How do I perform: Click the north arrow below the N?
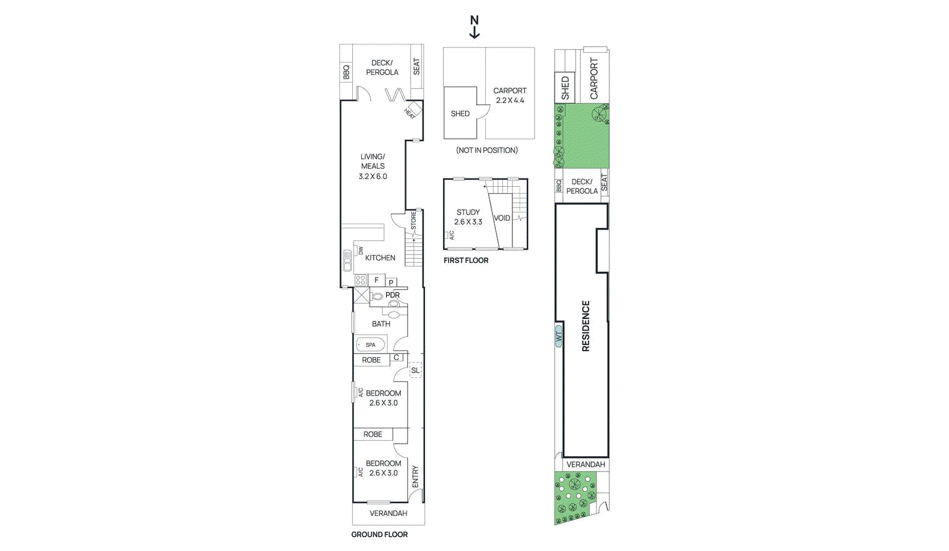click(474, 33)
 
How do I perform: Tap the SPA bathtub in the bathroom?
click(371, 345)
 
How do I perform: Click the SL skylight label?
click(415, 370)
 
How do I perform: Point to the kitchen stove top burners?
click(361, 280)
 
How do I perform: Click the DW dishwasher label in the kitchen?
click(361, 251)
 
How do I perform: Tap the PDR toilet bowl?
click(377, 296)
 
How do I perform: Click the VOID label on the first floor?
click(502, 218)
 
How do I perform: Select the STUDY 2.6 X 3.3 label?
click(468, 217)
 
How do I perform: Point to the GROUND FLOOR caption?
click(380, 534)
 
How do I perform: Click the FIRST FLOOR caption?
click(466, 260)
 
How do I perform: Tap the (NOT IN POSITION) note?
click(487, 150)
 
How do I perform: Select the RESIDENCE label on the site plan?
click(586, 326)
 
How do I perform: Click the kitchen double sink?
click(348, 261)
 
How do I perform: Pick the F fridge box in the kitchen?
click(377, 280)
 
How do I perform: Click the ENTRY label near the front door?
click(415, 477)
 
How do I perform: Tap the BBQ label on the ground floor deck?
click(346, 72)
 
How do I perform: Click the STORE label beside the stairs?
click(413, 221)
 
